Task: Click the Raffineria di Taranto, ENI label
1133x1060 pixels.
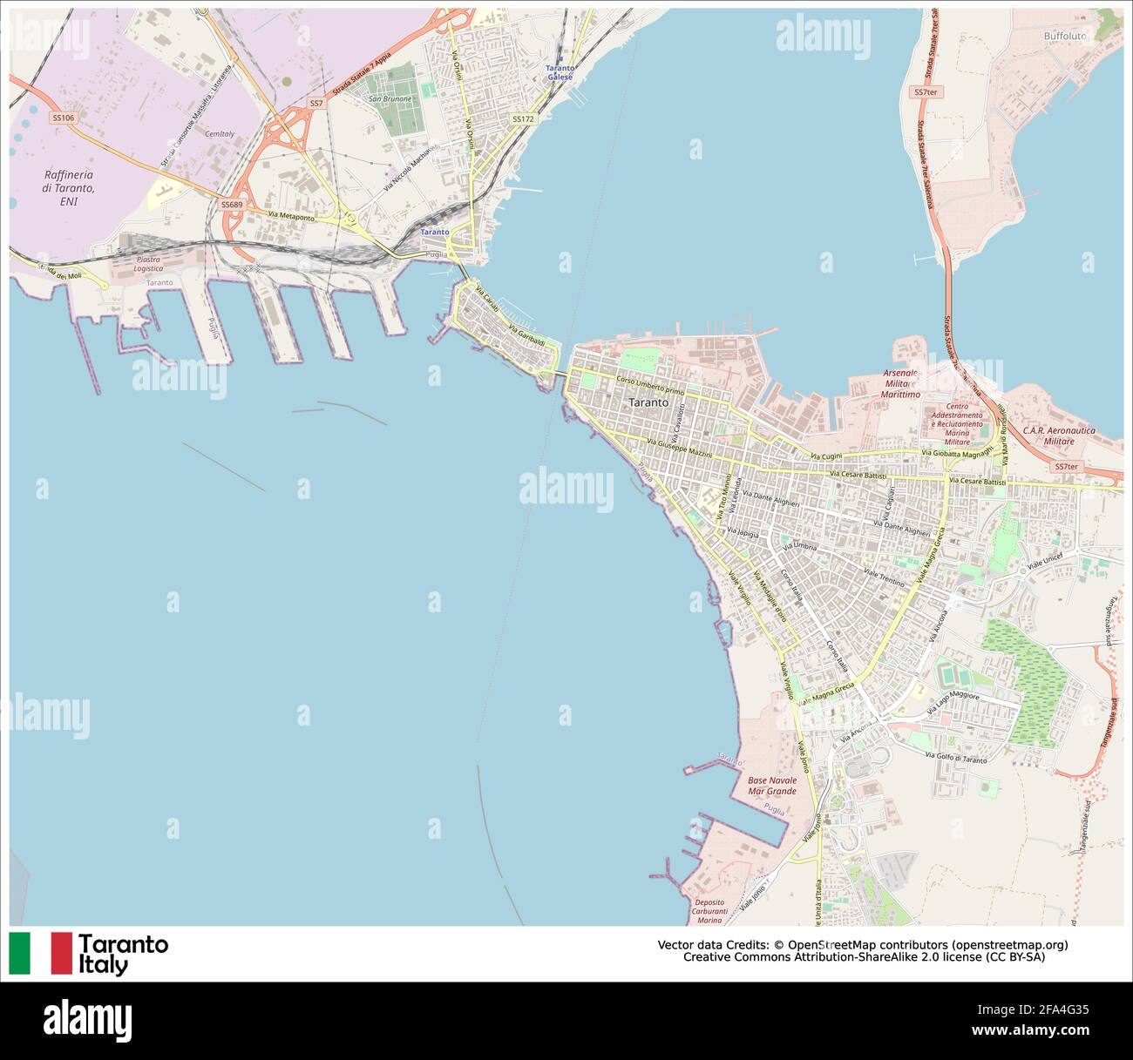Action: tap(68, 188)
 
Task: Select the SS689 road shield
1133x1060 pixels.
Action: tap(232, 205)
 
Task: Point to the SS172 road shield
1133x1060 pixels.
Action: tap(522, 118)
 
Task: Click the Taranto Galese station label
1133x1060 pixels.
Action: tap(560, 72)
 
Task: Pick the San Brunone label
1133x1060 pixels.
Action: tap(390, 99)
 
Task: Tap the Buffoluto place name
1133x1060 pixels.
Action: tap(1065, 37)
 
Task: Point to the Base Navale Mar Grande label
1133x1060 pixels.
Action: tap(771, 786)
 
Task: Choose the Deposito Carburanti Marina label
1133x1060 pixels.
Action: tap(709, 911)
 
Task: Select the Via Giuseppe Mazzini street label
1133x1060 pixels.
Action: tap(681, 449)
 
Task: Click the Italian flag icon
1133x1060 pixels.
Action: tap(40, 953)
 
